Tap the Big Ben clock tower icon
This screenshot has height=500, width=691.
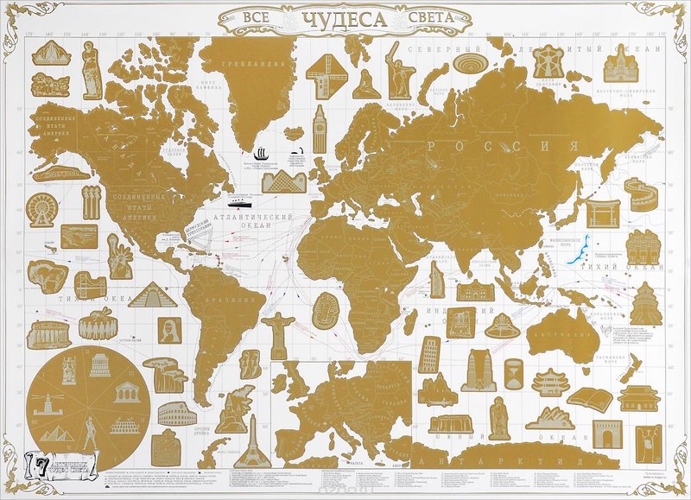pyautogui.click(x=320, y=129)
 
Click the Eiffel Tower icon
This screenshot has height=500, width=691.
pyautogui.click(x=252, y=444)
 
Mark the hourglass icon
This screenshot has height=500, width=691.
pyautogui.click(x=512, y=376)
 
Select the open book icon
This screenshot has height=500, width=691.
pyautogui.click(x=590, y=399)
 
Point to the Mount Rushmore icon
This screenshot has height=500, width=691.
pyautogui.click(x=50, y=85)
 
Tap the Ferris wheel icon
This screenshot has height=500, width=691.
pyautogui.click(x=41, y=210)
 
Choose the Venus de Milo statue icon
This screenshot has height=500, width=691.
pyautogui.click(x=92, y=72)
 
